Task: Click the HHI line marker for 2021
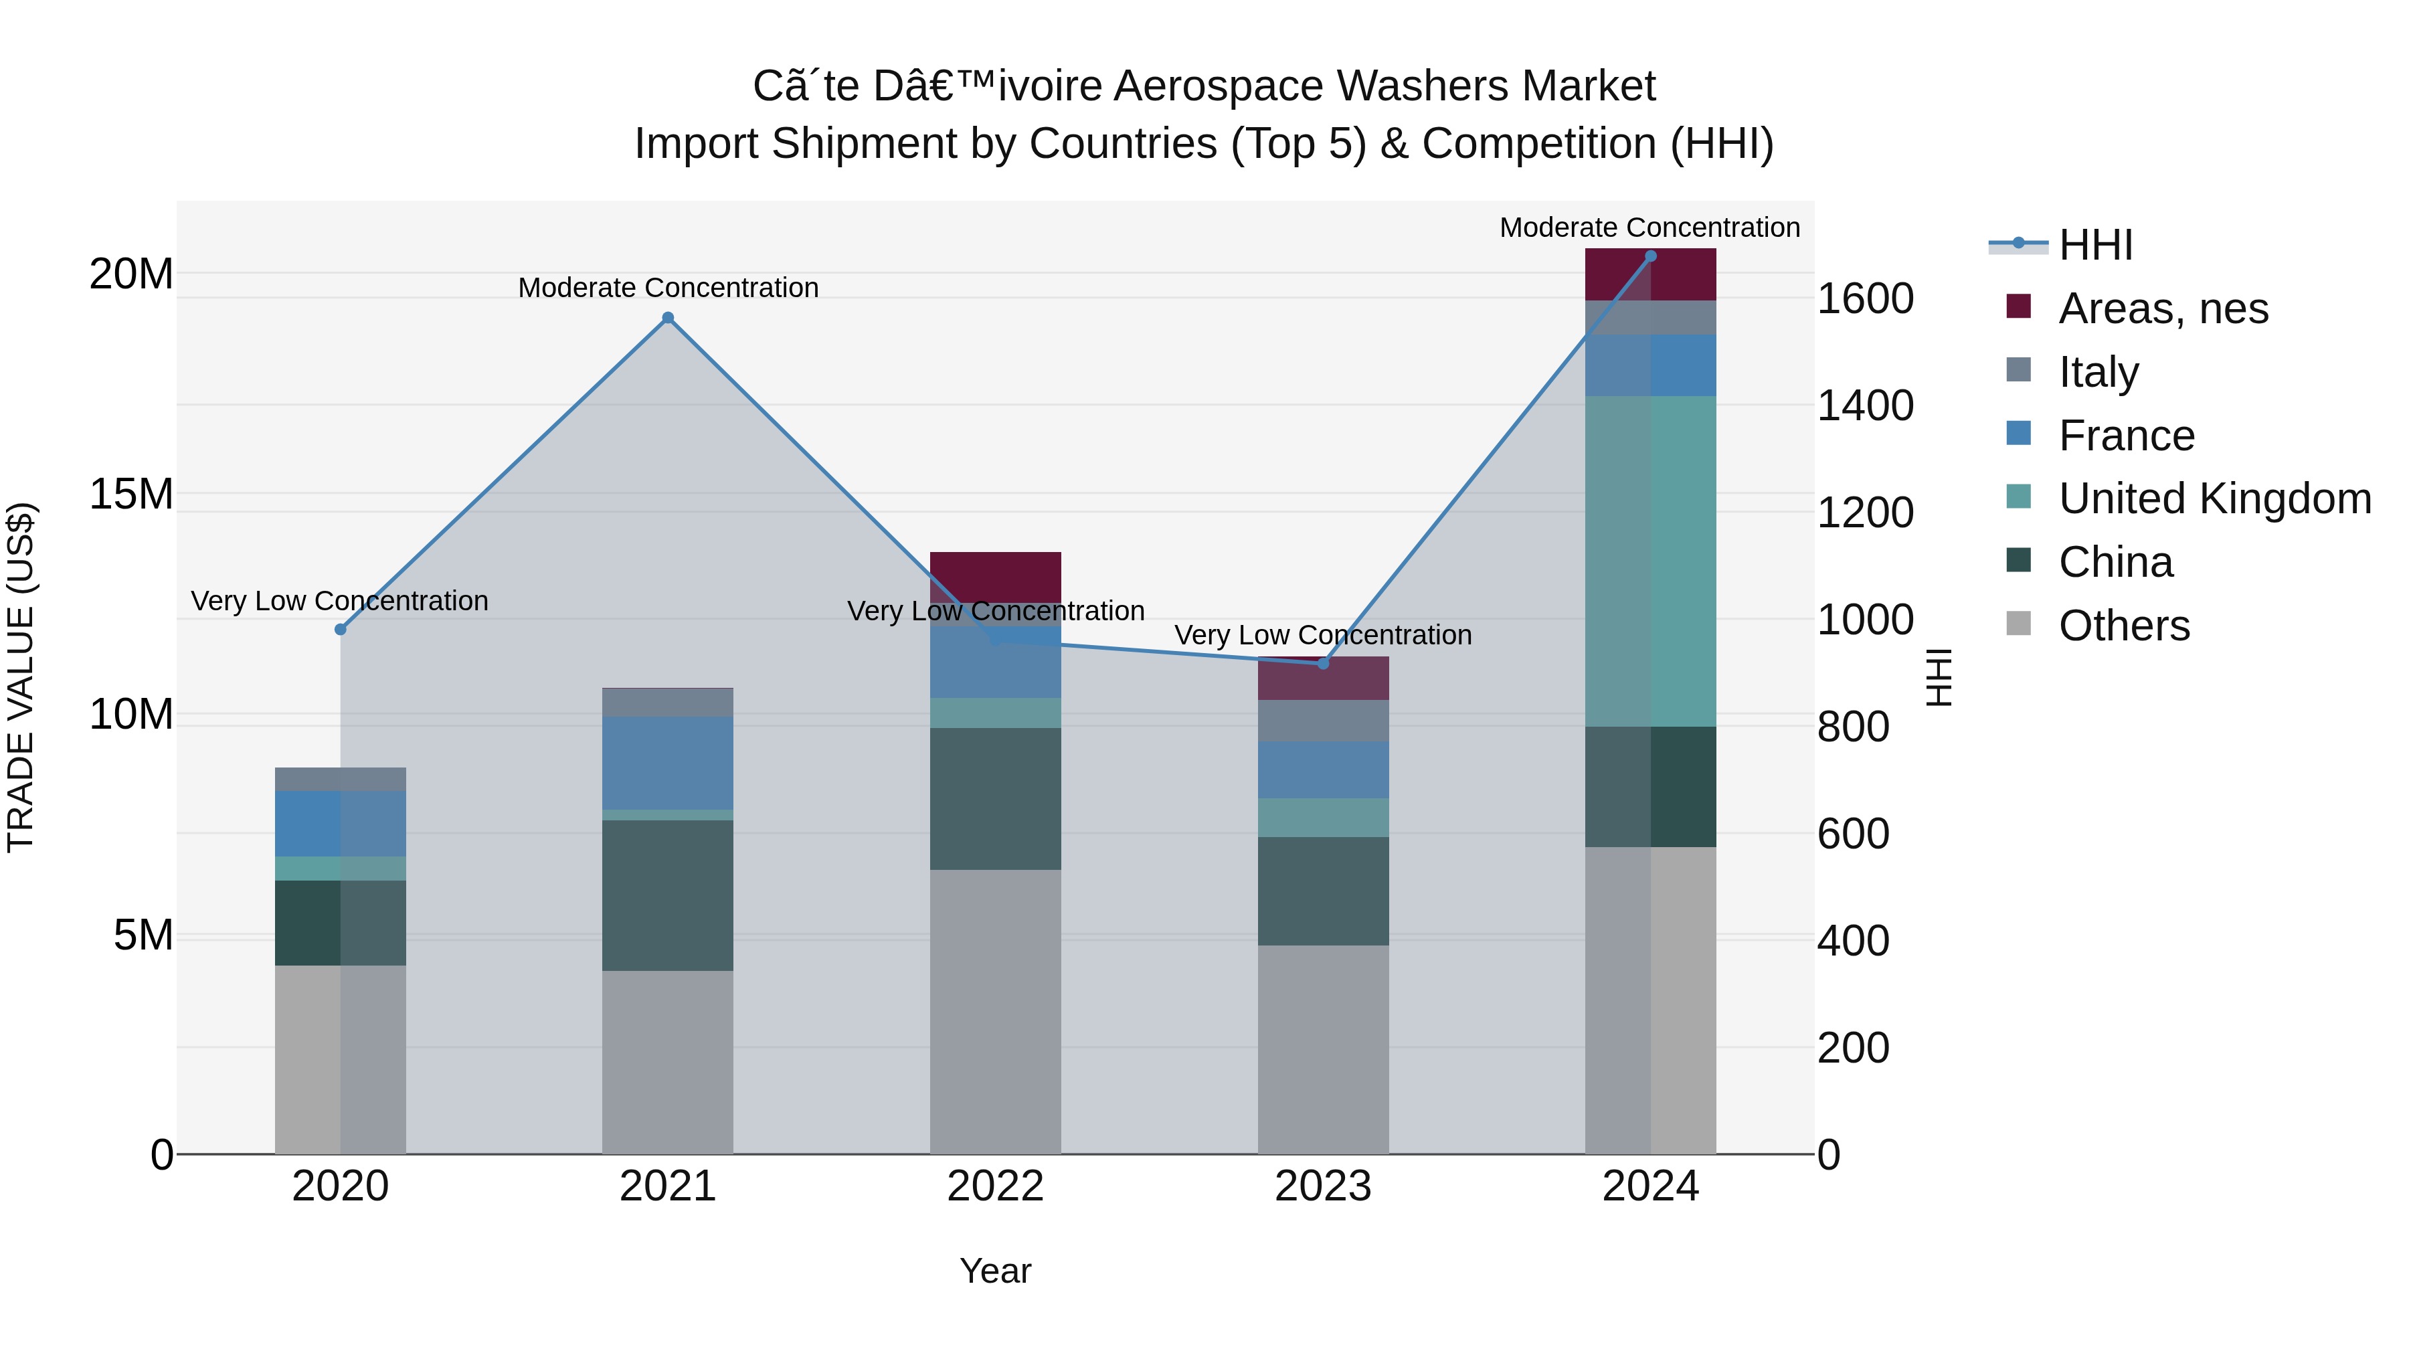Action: pyautogui.click(x=668, y=318)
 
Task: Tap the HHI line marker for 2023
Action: pyautogui.click(x=1322, y=663)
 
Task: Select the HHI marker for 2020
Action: pyautogui.click(x=341, y=630)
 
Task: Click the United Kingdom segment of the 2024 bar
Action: pyautogui.click(x=1651, y=561)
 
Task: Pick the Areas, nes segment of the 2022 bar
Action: pyautogui.click(x=995, y=575)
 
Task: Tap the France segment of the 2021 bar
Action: pyautogui.click(x=668, y=762)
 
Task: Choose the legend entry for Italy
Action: pyautogui.click(x=2098, y=372)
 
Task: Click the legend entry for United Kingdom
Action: pyautogui.click(x=2214, y=499)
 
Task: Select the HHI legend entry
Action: pyautogui.click(x=2094, y=245)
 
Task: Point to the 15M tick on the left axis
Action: pyautogui.click(x=131, y=494)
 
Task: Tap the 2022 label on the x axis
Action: pyautogui.click(x=995, y=1186)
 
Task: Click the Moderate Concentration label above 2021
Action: pyautogui.click(x=668, y=288)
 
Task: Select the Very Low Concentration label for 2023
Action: pyautogui.click(x=1322, y=635)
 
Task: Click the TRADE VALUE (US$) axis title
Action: pyautogui.click(x=21, y=677)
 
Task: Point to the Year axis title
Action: pyautogui.click(x=995, y=1271)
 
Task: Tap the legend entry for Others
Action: pyautogui.click(x=2123, y=626)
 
